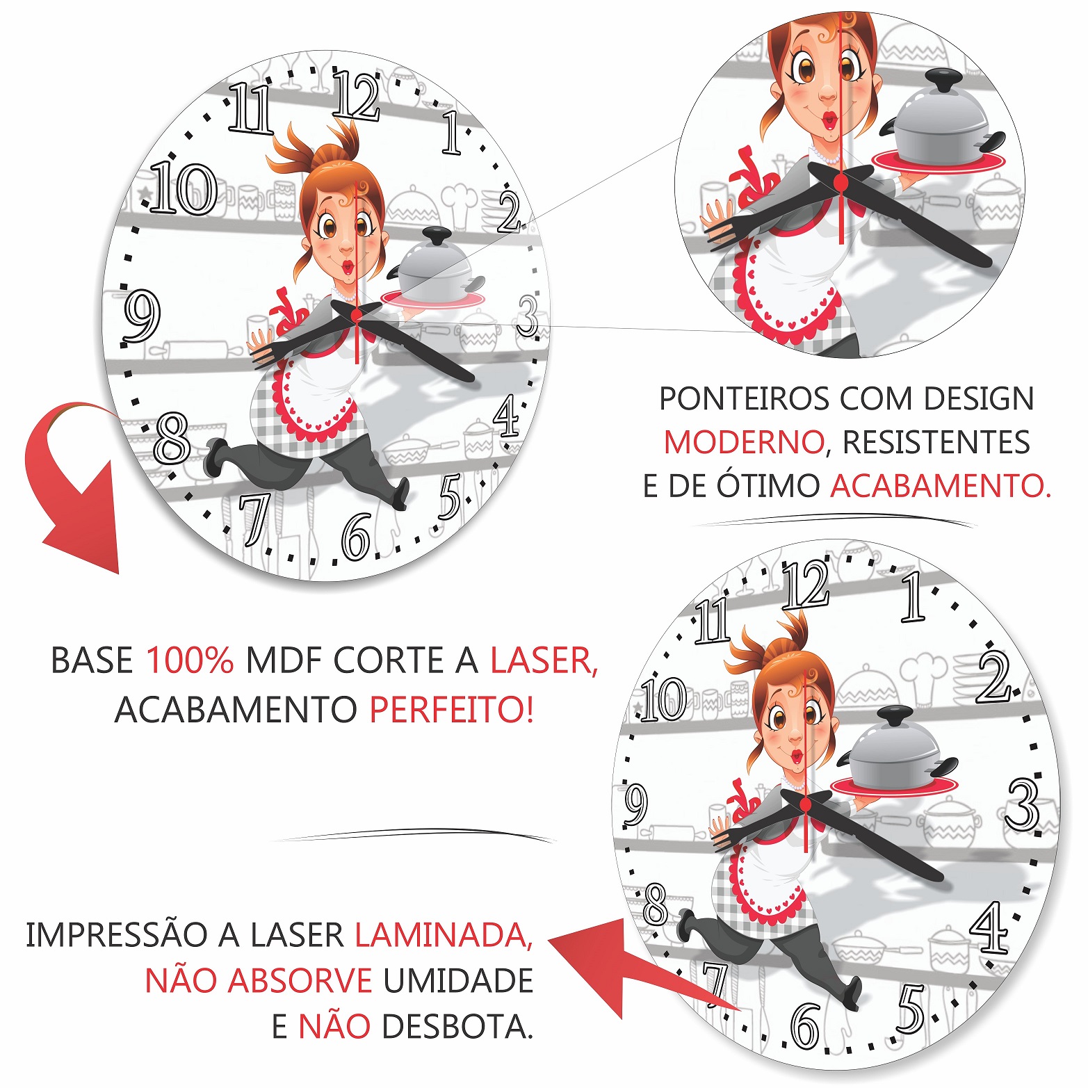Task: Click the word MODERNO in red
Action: point(744,442)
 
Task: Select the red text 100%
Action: point(190,660)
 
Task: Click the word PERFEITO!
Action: point(452,710)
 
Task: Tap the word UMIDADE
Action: point(458,981)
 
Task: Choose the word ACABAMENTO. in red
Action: point(941,485)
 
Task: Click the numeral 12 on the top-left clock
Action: point(356,95)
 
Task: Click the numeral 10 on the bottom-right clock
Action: point(664,699)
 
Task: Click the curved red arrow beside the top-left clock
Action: point(73,480)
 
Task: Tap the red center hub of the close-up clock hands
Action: point(841,182)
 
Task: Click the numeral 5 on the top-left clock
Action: point(450,496)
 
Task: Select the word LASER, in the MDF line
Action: point(544,660)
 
